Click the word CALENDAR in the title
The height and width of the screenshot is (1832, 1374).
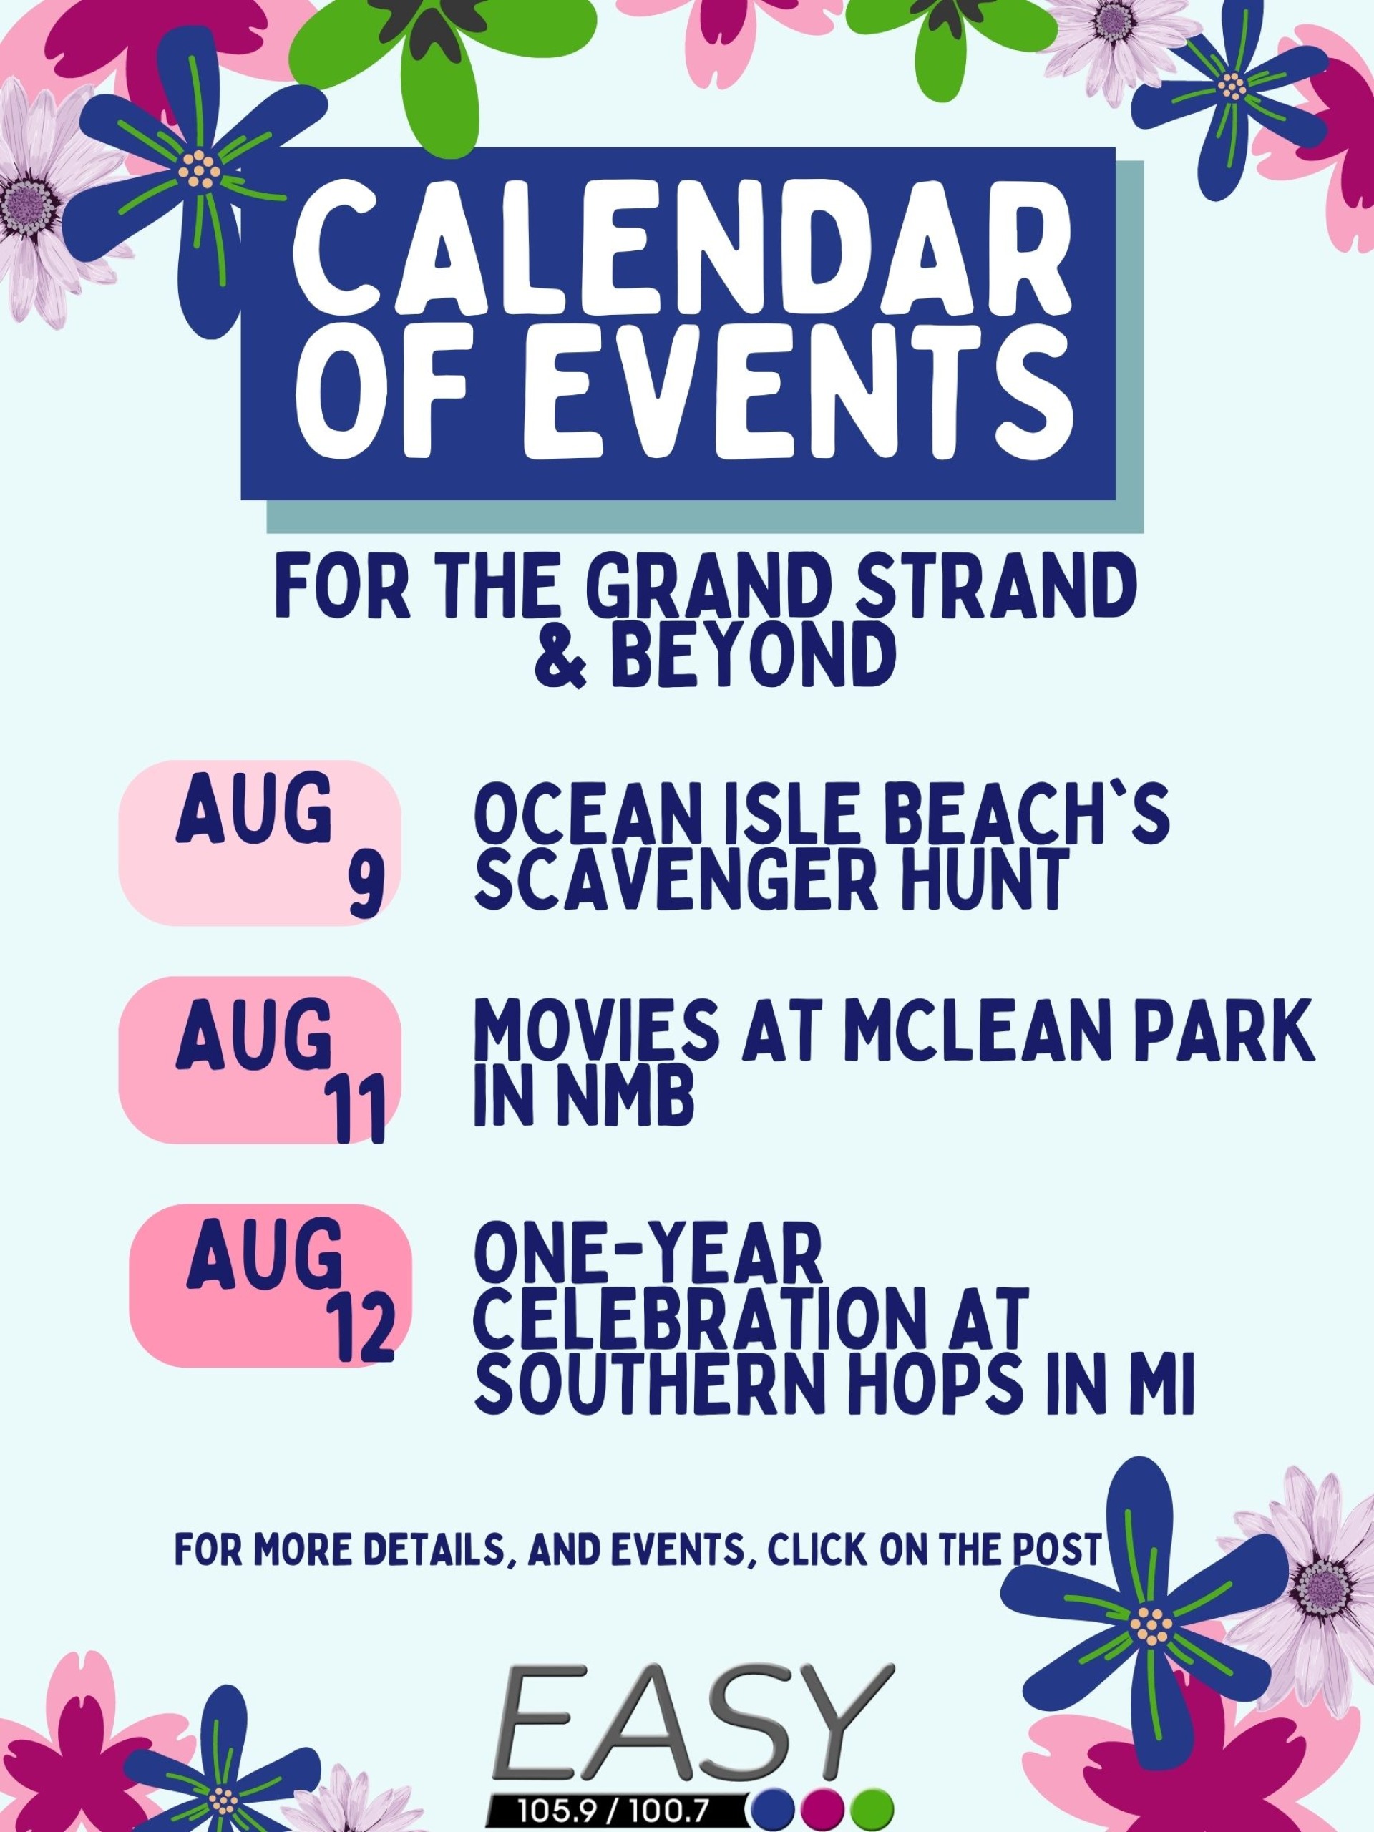(x=680, y=257)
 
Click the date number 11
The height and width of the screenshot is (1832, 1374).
(x=362, y=1111)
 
